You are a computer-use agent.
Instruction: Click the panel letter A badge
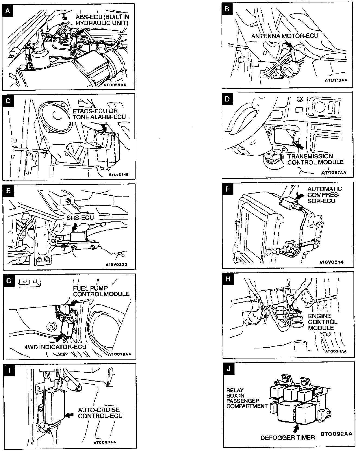coord(8,11)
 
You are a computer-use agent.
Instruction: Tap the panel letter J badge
coord(229,369)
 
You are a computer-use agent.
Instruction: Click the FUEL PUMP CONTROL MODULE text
coord(101,291)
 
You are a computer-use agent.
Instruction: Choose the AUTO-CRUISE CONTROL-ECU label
coord(100,413)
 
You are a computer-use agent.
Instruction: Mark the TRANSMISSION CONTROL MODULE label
coord(315,159)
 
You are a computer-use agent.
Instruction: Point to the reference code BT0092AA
coord(336,434)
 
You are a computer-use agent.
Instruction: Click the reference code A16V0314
coord(331,262)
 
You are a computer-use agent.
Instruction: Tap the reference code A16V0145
coord(117,174)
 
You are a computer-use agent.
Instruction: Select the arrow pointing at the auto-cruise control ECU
coord(70,415)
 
